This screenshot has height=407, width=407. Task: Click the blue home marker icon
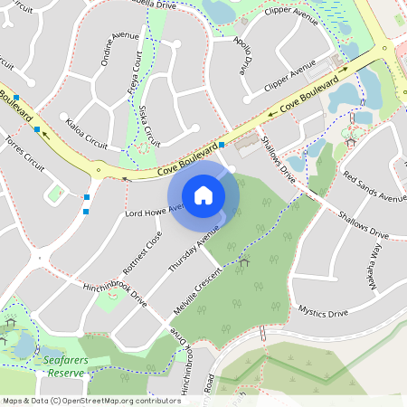(203, 194)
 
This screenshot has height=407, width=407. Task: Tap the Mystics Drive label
(323, 313)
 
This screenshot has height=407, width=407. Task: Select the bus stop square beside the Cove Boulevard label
(221, 145)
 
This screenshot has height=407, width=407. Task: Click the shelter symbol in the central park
(244, 262)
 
